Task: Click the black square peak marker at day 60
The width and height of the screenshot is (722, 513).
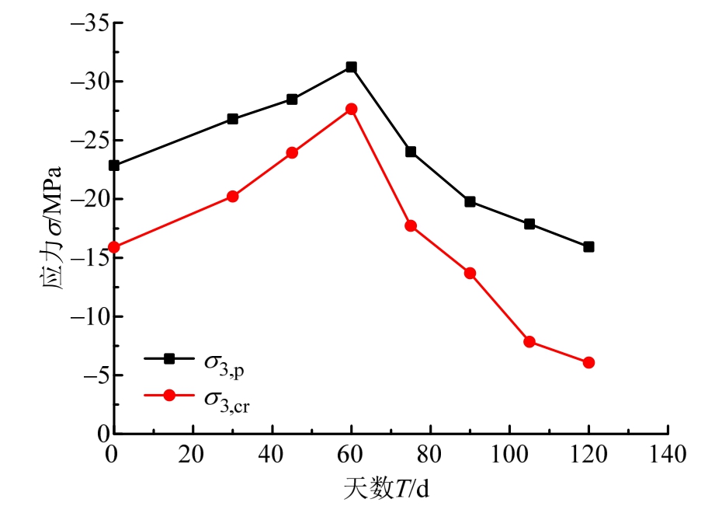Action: (x=351, y=68)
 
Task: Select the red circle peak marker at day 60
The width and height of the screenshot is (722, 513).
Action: (x=351, y=109)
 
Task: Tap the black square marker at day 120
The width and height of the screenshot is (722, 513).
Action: (x=588, y=247)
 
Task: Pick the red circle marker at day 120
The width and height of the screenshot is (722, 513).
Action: (x=588, y=362)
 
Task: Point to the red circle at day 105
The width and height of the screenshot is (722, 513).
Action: (x=529, y=341)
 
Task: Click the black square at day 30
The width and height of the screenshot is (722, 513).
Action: (x=232, y=119)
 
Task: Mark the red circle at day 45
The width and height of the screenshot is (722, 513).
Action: (x=292, y=152)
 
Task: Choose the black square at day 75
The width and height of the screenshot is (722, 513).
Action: (x=411, y=152)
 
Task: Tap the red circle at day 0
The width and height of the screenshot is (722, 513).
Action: (x=114, y=247)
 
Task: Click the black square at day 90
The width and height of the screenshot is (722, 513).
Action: (x=470, y=201)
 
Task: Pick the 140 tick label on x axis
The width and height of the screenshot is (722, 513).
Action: (x=667, y=453)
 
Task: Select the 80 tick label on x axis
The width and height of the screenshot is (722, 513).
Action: (x=430, y=453)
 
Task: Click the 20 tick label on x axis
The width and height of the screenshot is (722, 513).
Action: (x=193, y=453)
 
